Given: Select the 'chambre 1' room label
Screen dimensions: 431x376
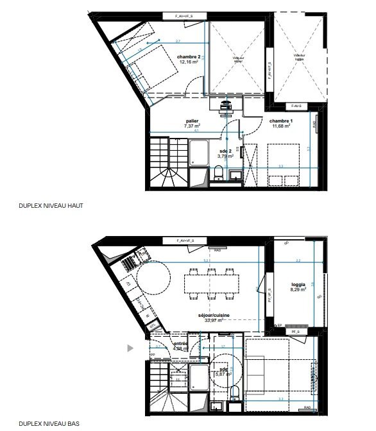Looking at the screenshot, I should coord(281,121).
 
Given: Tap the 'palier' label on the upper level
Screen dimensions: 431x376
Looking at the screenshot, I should coord(192,121).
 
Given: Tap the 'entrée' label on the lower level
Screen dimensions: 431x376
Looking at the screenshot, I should coord(180,343).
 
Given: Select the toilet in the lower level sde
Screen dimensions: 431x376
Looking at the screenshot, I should coord(235,393).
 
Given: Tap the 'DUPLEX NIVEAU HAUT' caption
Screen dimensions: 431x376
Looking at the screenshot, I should coord(51,207).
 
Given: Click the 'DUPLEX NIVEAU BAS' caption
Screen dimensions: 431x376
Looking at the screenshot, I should coord(50,424).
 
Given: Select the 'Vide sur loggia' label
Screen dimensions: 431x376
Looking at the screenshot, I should coord(299,57).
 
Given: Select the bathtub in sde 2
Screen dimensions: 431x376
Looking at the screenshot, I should coord(198,155).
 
